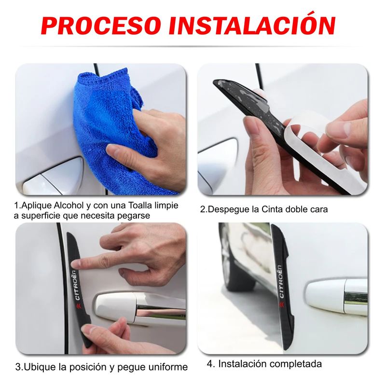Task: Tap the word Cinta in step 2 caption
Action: tap(268, 209)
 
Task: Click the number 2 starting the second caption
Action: tap(203, 209)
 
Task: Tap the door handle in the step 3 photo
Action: tap(140, 309)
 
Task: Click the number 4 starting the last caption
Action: tap(210, 364)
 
